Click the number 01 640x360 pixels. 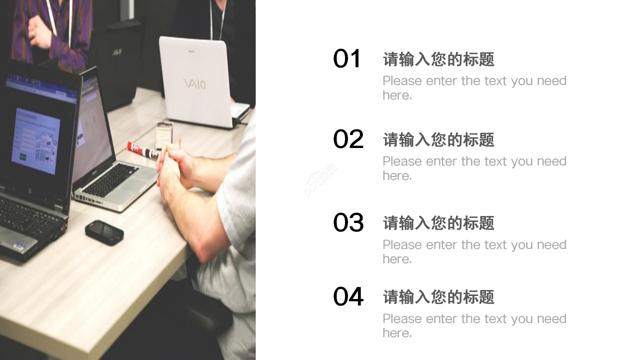(347, 59)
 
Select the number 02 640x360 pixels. (348, 139)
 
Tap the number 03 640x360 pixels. (348, 222)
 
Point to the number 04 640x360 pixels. (348, 296)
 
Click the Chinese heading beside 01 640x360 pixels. (438, 59)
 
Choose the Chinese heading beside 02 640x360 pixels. (438, 140)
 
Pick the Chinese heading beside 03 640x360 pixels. (438, 223)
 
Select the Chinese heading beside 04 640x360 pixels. (438, 297)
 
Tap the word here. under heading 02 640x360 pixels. (397, 176)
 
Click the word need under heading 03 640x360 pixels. (551, 245)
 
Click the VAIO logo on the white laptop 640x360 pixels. (194, 84)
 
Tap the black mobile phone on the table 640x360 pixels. (104, 232)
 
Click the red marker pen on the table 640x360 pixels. (142, 149)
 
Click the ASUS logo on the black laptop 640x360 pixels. (117, 51)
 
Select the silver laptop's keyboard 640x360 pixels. (110, 180)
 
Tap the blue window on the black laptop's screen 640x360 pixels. (36, 140)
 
